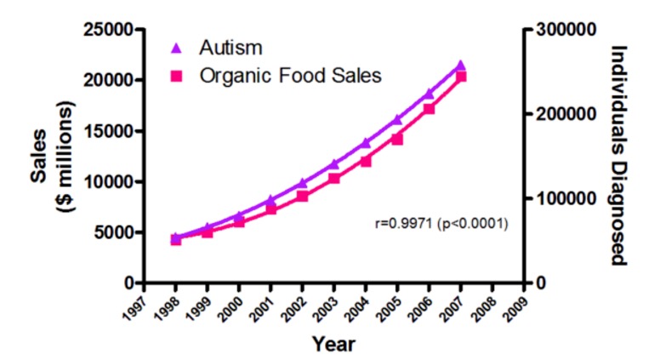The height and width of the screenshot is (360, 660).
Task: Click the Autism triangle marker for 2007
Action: pyautogui.click(x=460, y=66)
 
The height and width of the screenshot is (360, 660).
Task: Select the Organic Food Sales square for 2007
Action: pyautogui.click(x=460, y=77)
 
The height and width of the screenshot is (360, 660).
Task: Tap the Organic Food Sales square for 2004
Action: pyautogui.click(x=366, y=160)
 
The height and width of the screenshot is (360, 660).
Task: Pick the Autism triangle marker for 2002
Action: pyautogui.click(x=302, y=183)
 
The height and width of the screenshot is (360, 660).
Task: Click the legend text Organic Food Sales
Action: pyautogui.click(x=291, y=76)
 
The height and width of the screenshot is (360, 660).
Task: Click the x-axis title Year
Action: pyautogui.click(x=333, y=344)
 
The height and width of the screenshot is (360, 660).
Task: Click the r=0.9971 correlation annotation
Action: pyautogui.click(x=441, y=225)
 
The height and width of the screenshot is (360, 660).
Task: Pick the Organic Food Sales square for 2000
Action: pyautogui.click(x=239, y=221)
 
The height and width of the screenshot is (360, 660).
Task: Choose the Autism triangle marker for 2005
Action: pyautogui.click(x=397, y=120)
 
